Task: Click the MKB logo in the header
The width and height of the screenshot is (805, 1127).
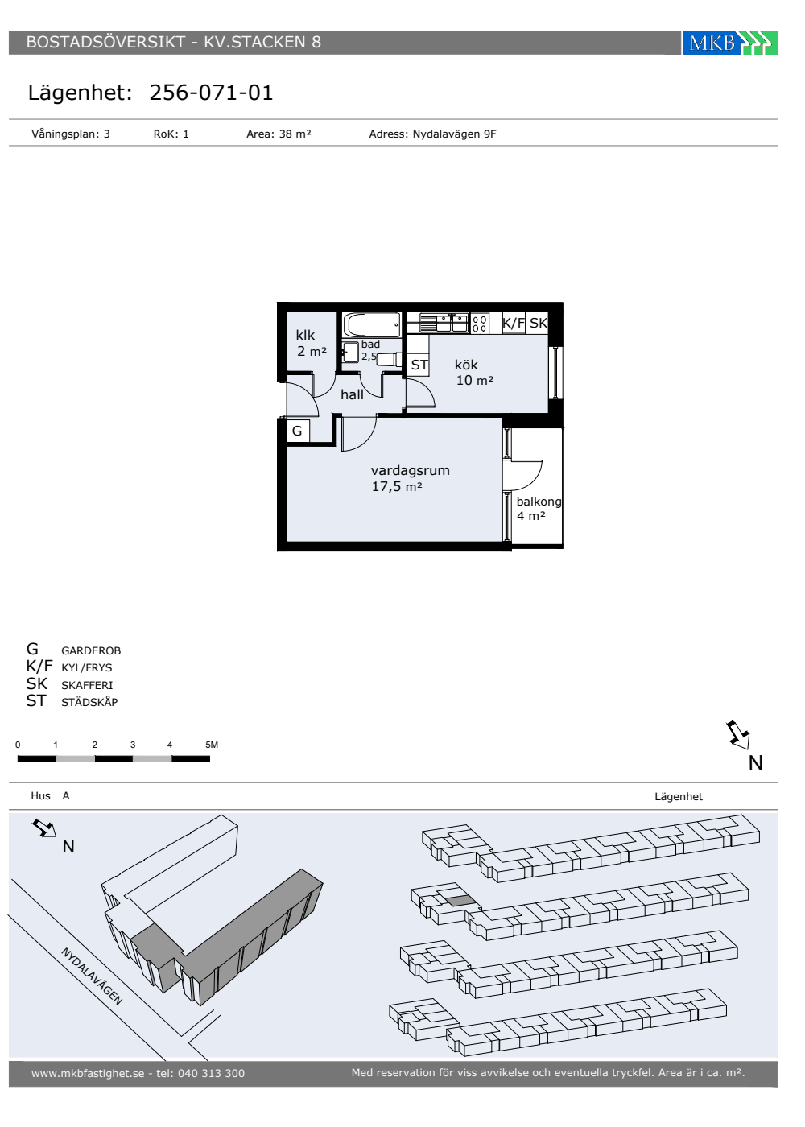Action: tap(729, 42)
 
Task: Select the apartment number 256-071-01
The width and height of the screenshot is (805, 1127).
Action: tap(211, 93)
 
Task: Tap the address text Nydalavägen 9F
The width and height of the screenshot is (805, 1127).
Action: tap(454, 134)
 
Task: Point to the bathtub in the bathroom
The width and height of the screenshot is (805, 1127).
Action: tap(372, 325)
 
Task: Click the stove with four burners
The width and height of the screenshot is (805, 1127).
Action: tap(480, 324)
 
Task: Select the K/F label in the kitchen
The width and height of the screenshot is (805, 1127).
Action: tap(514, 323)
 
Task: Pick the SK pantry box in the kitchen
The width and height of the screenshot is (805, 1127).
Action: tap(538, 323)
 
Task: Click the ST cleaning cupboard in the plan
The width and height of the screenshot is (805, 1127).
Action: tap(419, 365)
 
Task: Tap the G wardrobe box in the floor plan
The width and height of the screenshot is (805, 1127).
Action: tap(297, 431)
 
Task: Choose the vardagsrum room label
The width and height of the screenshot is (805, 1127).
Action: tap(410, 470)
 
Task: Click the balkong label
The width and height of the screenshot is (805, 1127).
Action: tap(539, 502)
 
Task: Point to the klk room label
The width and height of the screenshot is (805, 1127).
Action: tap(305, 335)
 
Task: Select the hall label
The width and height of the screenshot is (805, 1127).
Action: tap(353, 394)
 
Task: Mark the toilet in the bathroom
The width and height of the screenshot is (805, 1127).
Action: tap(388, 360)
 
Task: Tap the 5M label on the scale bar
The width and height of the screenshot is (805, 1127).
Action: tap(212, 745)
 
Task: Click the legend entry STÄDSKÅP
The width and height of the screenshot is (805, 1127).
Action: tap(89, 702)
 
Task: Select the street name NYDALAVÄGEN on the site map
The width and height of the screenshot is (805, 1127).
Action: tap(92, 976)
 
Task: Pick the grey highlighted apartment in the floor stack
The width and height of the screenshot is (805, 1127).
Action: tap(460, 901)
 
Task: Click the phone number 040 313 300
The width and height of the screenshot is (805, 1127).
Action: tap(211, 1073)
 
